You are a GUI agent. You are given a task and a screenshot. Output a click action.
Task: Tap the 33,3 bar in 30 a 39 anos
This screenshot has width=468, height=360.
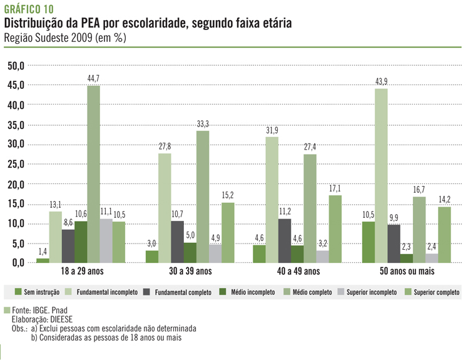[202, 197]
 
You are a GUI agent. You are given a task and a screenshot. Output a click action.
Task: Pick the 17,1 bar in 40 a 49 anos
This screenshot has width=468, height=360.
[335, 229]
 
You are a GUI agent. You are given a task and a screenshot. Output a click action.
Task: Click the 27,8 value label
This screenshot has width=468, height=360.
[165, 147]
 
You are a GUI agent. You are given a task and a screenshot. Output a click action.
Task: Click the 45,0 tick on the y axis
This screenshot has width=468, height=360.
[16, 85]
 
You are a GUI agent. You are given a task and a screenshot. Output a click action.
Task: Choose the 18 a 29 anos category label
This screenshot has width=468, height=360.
[81, 272]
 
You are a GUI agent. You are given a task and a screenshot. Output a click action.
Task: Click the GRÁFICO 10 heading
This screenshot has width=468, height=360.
[29, 8]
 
